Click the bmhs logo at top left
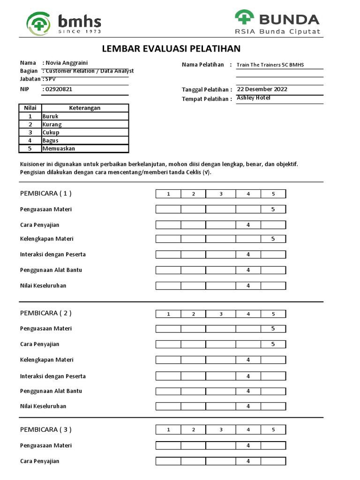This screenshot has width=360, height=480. click(x=64, y=22)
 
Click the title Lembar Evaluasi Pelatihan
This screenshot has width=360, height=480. click(x=171, y=48)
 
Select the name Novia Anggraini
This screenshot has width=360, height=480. click(x=66, y=63)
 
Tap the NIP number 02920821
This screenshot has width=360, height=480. click(x=59, y=89)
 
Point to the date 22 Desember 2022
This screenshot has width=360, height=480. click(x=262, y=89)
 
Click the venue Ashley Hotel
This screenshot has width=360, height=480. click(x=254, y=98)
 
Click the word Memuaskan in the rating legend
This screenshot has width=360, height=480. click(x=59, y=149)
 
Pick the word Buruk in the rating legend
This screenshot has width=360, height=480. click(x=50, y=116)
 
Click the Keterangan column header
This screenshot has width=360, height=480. click(x=84, y=108)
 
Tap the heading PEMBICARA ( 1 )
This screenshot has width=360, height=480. click(x=46, y=194)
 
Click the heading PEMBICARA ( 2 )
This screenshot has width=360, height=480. click(x=46, y=313)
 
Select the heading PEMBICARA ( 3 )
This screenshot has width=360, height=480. click(x=46, y=429)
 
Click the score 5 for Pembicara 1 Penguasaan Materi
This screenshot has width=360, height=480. click(x=273, y=210)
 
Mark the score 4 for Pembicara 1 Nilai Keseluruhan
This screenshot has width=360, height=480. click(x=248, y=285)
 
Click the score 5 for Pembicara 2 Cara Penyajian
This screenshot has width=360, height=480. click(x=273, y=345)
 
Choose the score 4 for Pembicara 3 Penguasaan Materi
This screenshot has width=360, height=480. click(x=248, y=445)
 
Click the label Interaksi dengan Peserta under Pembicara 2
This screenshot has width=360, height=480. click(x=52, y=376)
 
